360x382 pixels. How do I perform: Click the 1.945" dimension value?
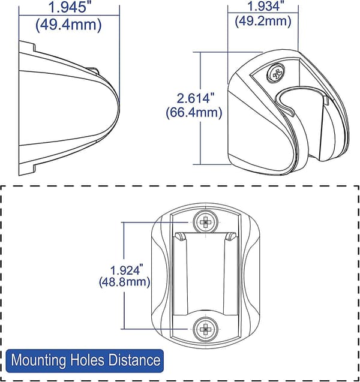[68, 7]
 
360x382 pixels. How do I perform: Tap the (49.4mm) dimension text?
[68, 25]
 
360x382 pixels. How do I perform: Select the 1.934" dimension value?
[266, 6]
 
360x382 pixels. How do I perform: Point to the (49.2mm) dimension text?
[263, 21]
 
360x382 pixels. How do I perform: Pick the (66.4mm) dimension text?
[194, 113]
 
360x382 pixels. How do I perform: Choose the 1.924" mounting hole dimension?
[127, 270]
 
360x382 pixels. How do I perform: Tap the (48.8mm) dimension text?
[124, 282]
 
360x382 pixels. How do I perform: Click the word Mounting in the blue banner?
[38, 360]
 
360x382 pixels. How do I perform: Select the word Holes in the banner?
[87, 360]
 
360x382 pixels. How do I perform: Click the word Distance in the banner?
[134, 360]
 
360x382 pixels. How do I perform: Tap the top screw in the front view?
[205, 222]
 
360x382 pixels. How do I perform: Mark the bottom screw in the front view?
[205, 329]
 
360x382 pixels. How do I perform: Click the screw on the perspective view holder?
[276, 73]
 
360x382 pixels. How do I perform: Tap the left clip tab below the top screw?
[180, 237]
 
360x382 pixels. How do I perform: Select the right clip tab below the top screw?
[231, 237]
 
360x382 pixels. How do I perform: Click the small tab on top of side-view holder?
[93, 70]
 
